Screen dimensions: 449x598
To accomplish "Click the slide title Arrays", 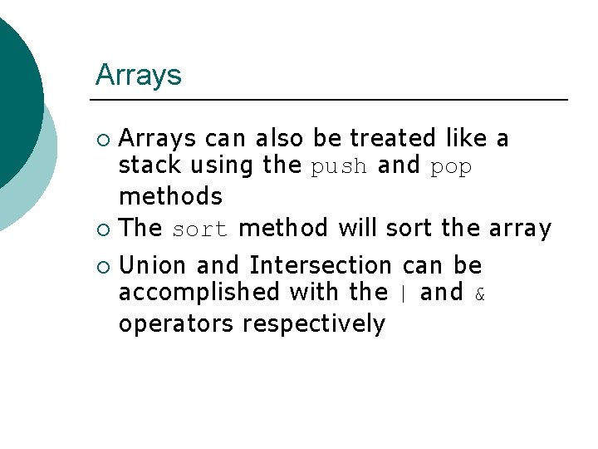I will click(138, 76).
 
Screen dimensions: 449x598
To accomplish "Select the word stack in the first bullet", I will click(150, 166).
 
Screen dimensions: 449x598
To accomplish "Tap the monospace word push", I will click(338, 167).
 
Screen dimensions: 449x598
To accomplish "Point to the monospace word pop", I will click(451, 168).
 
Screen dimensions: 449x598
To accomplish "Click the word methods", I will click(170, 197).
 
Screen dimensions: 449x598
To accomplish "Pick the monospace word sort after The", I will click(199, 229).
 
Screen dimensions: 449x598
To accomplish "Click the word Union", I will click(154, 266).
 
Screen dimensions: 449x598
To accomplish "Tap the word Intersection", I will click(320, 266).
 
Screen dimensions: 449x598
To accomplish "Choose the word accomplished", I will click(199, 293).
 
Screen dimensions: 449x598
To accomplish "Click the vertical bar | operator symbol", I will click(404, 294).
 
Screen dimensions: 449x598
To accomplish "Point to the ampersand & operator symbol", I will click(479, 294).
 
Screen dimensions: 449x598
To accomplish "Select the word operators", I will click(176, 323).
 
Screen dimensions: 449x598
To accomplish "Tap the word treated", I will click(394, 137).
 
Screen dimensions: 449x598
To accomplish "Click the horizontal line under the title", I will click(331, 100).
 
